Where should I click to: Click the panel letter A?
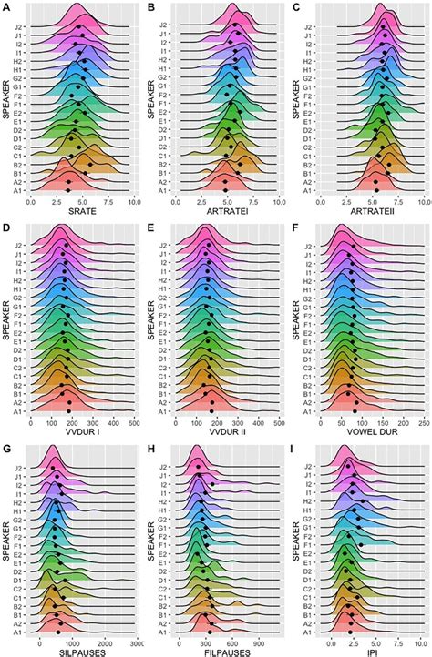(x=7, y=6)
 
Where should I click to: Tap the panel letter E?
(x=152, y=227)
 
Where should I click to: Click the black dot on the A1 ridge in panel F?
(x=354, y=410)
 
